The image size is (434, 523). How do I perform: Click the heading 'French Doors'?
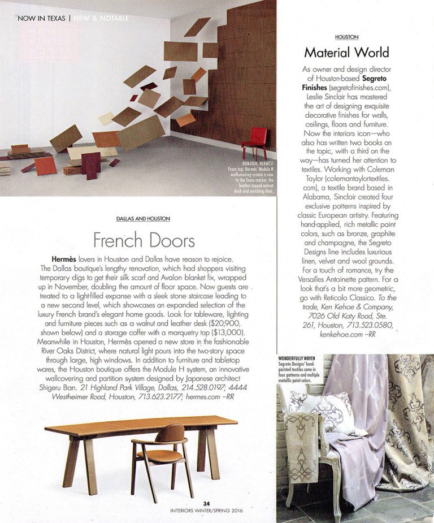tap(144, 240)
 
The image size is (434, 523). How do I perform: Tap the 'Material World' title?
tap(346, 53)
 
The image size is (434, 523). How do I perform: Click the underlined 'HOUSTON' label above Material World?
tap(346, 37)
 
